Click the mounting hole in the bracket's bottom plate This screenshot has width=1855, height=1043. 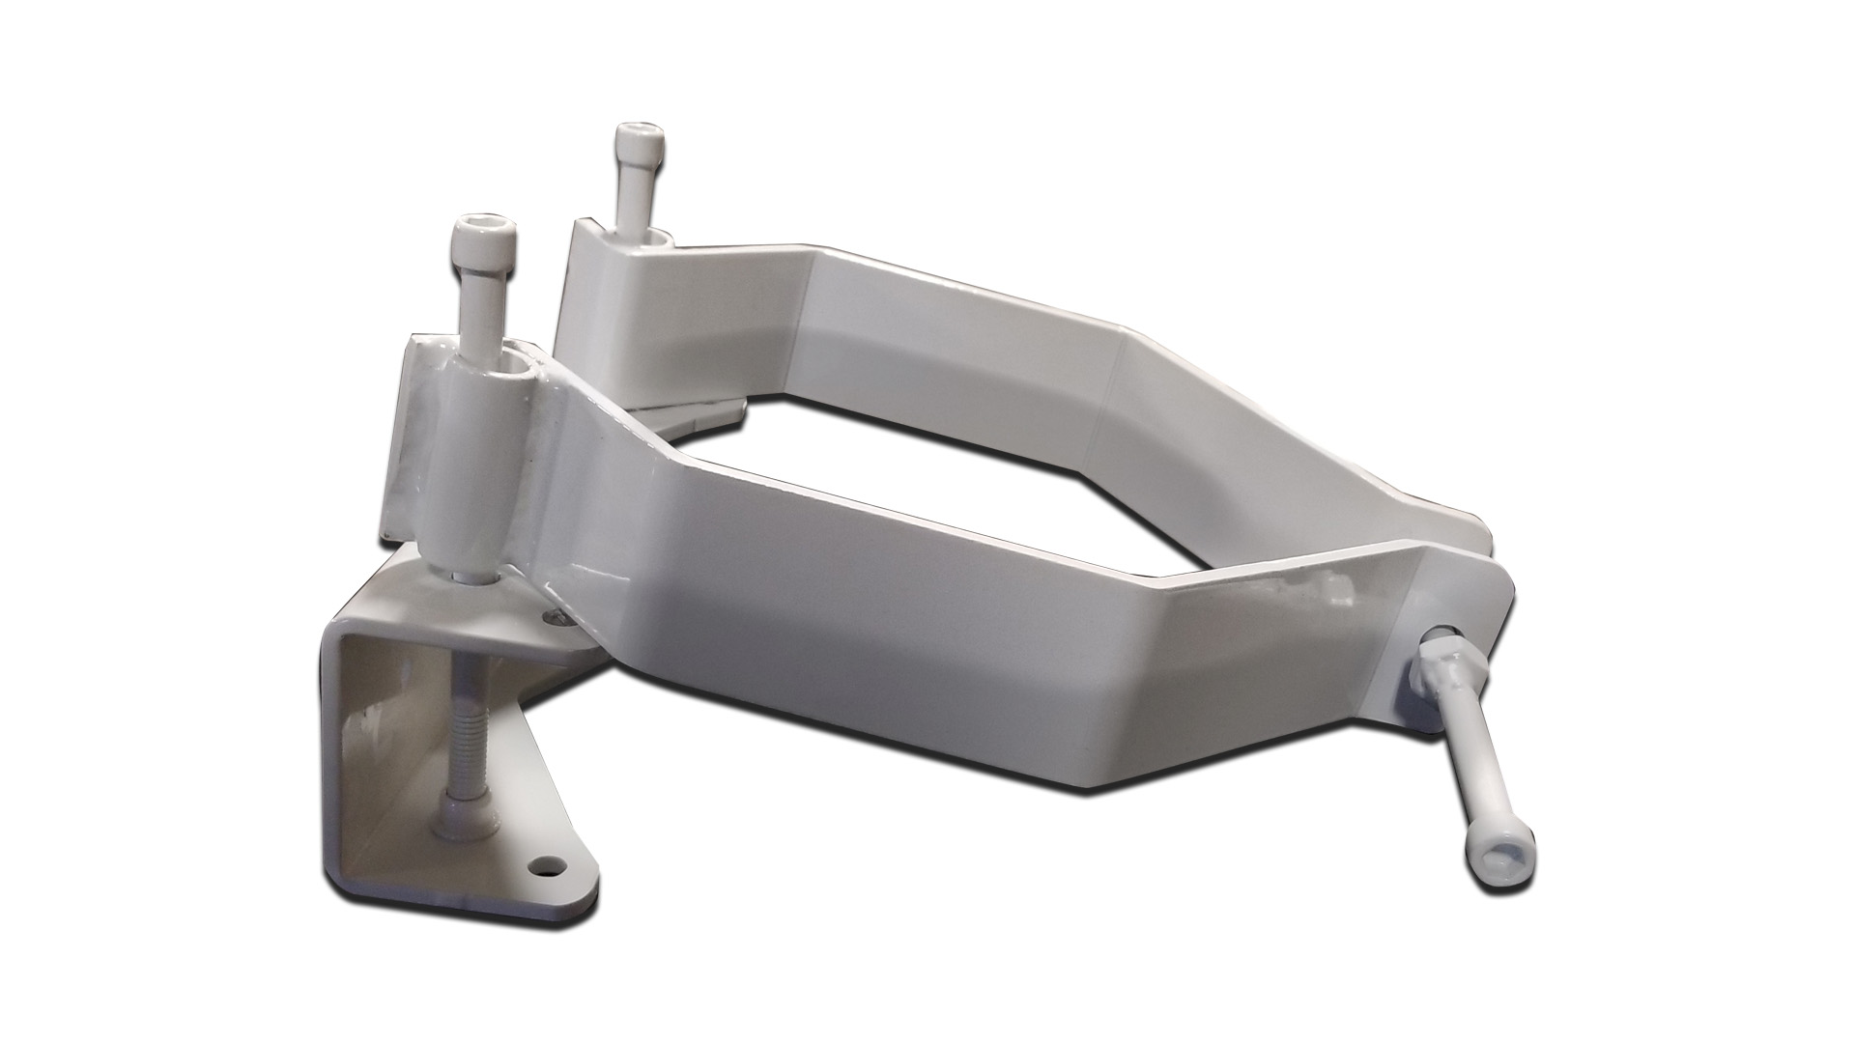[551, 858]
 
